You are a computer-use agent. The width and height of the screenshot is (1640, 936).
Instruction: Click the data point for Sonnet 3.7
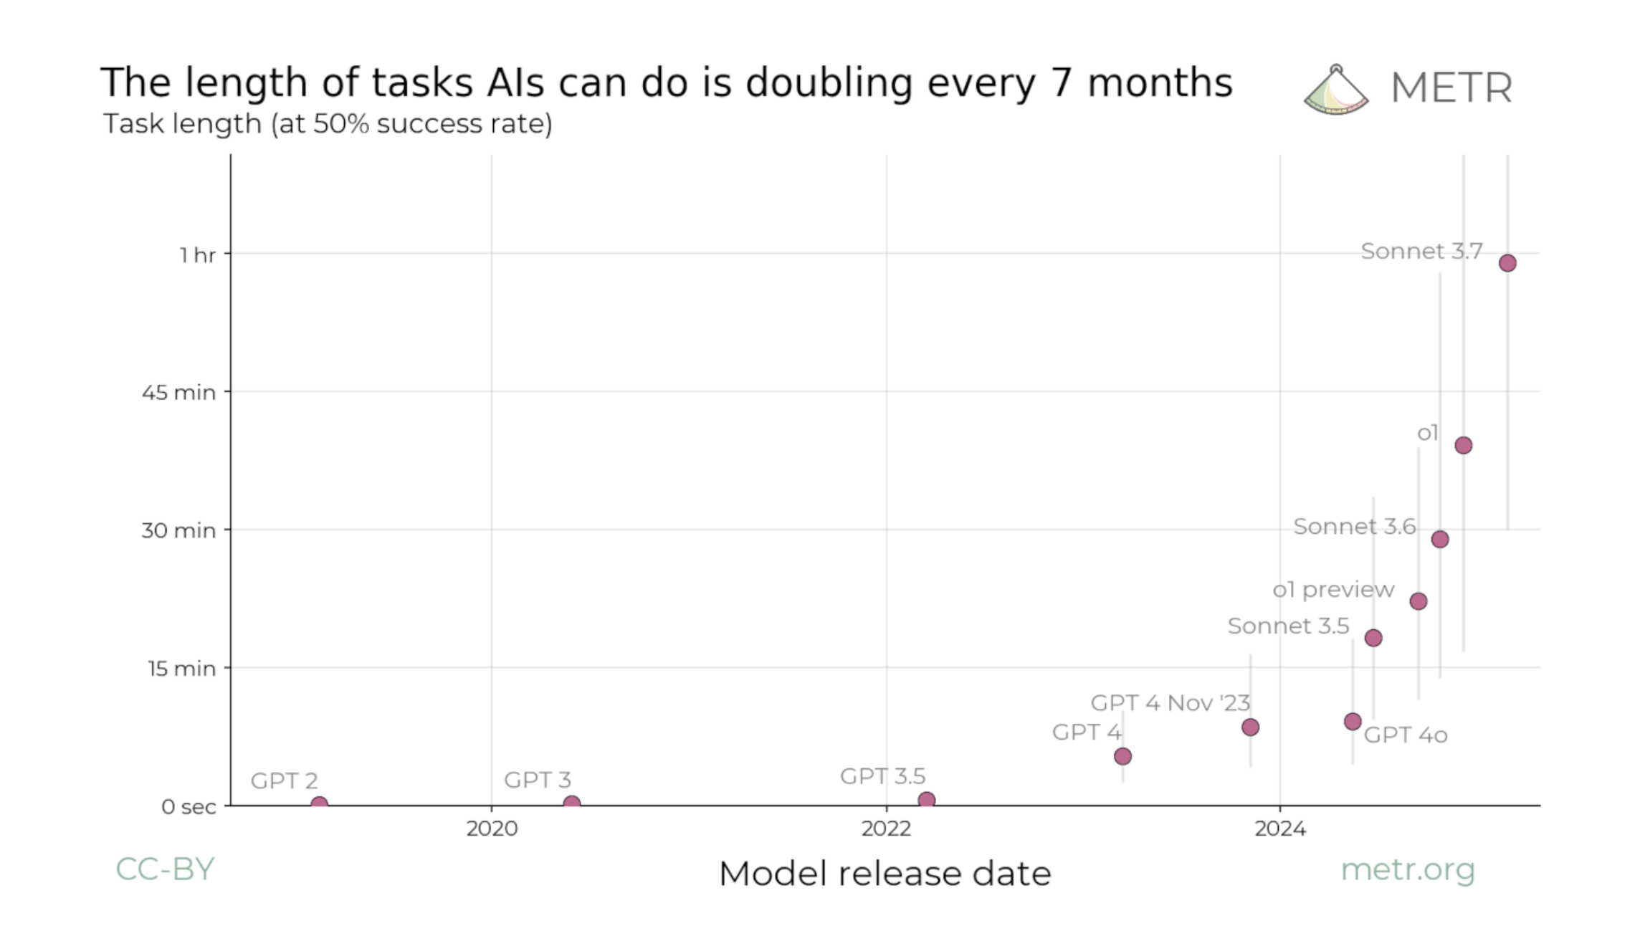(x=1507, y=263)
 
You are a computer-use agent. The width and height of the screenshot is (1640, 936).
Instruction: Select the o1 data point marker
(x=1464, y=445)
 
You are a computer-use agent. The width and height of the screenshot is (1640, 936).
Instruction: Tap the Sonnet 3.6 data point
(x=1440, y=539)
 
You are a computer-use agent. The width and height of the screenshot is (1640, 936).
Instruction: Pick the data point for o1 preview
(x=1419, y=601)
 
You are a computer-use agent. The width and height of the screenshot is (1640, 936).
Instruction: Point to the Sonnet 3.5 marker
(x=1373, y=638)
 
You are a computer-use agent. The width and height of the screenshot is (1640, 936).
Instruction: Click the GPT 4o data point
(x=1353, y=721)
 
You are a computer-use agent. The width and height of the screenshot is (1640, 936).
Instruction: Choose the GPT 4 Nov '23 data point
(x=1250, y=727)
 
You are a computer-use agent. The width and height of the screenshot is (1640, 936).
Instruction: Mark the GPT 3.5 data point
(x=927, y=800)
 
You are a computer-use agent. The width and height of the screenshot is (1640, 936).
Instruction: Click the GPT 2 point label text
(x=284, y=780)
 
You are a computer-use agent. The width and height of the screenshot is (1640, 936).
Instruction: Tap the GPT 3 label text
(x=538, y=780)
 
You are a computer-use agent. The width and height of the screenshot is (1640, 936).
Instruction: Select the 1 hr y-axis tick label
(x=197, y=255)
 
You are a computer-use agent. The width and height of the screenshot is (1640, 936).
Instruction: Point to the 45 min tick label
(x=178, y=393)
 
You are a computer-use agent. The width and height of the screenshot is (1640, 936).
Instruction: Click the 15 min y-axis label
(x=181, y=669)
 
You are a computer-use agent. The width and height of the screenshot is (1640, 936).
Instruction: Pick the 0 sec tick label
(x=189, y=807)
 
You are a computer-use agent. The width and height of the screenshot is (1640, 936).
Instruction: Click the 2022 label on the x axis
(x=886, y=828)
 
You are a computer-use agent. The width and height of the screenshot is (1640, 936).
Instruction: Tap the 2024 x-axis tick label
(x=1280, y=828)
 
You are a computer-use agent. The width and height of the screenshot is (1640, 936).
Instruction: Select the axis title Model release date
(x=885, y=874)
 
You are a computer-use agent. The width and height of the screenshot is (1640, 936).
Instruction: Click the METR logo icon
(x=1336, y=90)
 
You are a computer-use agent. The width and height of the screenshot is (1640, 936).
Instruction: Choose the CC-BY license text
(x=165, y=869)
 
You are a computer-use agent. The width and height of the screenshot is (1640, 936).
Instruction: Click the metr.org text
(x=1408, y=870)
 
